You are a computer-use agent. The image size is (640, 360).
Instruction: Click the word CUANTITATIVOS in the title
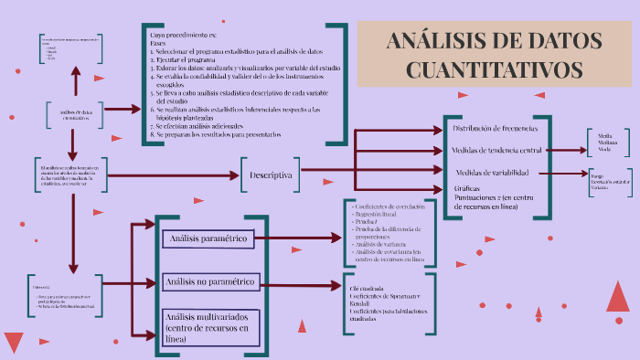[x=494, y=69]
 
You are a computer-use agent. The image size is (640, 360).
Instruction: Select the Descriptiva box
[x=271, y=175]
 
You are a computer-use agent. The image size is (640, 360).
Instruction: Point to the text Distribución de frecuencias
[x=495, y=128]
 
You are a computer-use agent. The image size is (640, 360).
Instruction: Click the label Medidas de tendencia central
[x=504, y=149]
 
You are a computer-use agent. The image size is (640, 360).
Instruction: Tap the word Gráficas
[x=467, y=188]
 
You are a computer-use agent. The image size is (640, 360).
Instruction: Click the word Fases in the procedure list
[x=159, y=43]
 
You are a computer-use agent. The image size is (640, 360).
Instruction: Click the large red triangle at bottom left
[x=14, y=342]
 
